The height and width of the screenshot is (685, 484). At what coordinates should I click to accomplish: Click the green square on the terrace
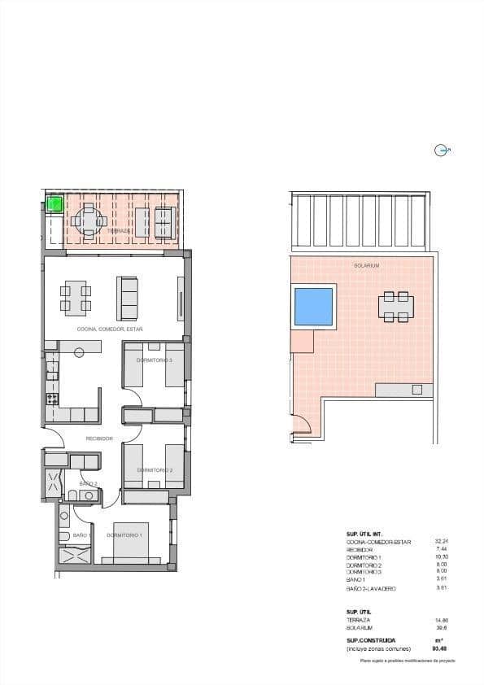click(x=55, y=203)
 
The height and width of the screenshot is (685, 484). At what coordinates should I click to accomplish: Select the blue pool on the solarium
click(x=313, y=307)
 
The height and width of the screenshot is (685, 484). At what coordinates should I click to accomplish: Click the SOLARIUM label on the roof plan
click(x=366, y=266)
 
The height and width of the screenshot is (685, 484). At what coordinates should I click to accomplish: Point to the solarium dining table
click(x=395, y=307)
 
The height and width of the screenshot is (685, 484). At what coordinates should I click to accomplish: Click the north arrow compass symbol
click(x=442, y=150)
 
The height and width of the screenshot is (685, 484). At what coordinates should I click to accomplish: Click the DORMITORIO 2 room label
click(x=154, y=470)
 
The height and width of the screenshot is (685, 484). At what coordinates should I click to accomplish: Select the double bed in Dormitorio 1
click(x=131, y=543)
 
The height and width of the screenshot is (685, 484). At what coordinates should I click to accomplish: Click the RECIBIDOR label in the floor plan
click(x=100, y=438)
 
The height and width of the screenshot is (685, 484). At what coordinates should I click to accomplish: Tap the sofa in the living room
click(x=128, y=298)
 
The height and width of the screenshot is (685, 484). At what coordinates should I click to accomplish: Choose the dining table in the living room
click(x=76, y=298)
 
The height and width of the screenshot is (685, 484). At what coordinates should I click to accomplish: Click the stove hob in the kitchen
click(x=52, y=399)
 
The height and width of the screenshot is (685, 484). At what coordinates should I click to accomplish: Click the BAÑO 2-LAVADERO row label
click(x=371, y=588)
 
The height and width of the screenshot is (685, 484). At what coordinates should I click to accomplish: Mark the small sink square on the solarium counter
click(x=417, y=390)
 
